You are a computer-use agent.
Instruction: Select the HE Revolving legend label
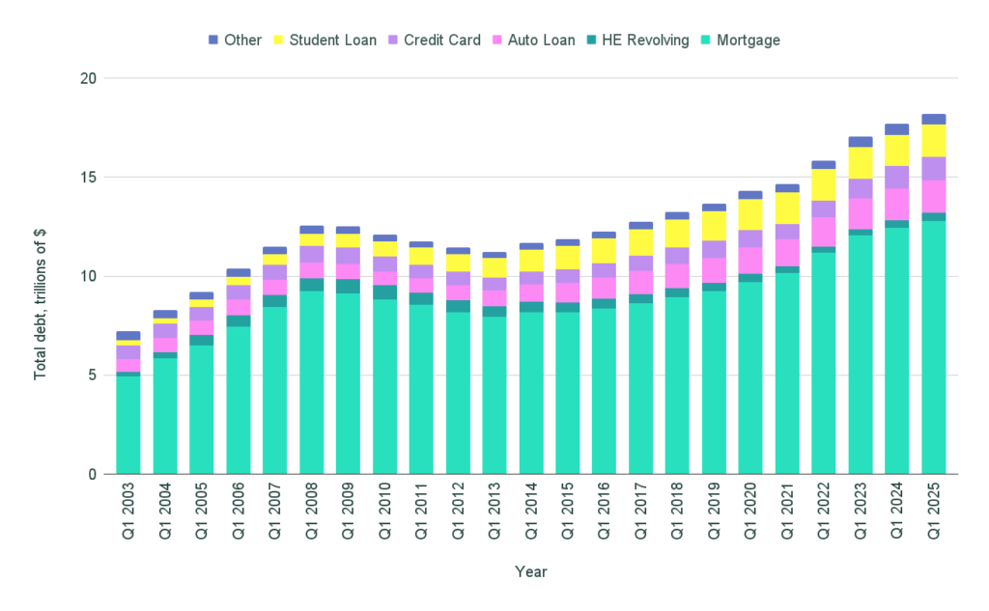tap(644, 40)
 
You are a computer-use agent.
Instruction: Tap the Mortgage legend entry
tap(749, 40)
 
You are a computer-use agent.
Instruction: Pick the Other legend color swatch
tap(214, 40)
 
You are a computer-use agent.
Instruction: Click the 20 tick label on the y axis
tap(92, 78)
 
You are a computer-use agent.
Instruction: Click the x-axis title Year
tap(530, 571)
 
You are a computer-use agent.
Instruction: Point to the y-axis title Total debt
tap(41, 276)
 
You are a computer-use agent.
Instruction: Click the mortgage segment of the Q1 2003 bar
tap(128, 425)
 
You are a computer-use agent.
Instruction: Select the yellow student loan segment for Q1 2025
tap(934, 141)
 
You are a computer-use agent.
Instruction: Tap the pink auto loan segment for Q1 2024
tap(897, 204)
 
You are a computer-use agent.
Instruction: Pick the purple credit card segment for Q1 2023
tap(861, 188)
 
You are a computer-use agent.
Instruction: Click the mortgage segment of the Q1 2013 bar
tap(494, 396)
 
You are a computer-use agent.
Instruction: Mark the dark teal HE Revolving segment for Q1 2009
tap(348, 286)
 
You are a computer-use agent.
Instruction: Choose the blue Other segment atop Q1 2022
tap(824, 165)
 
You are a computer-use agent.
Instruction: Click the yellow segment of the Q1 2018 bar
tap(677, 234)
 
